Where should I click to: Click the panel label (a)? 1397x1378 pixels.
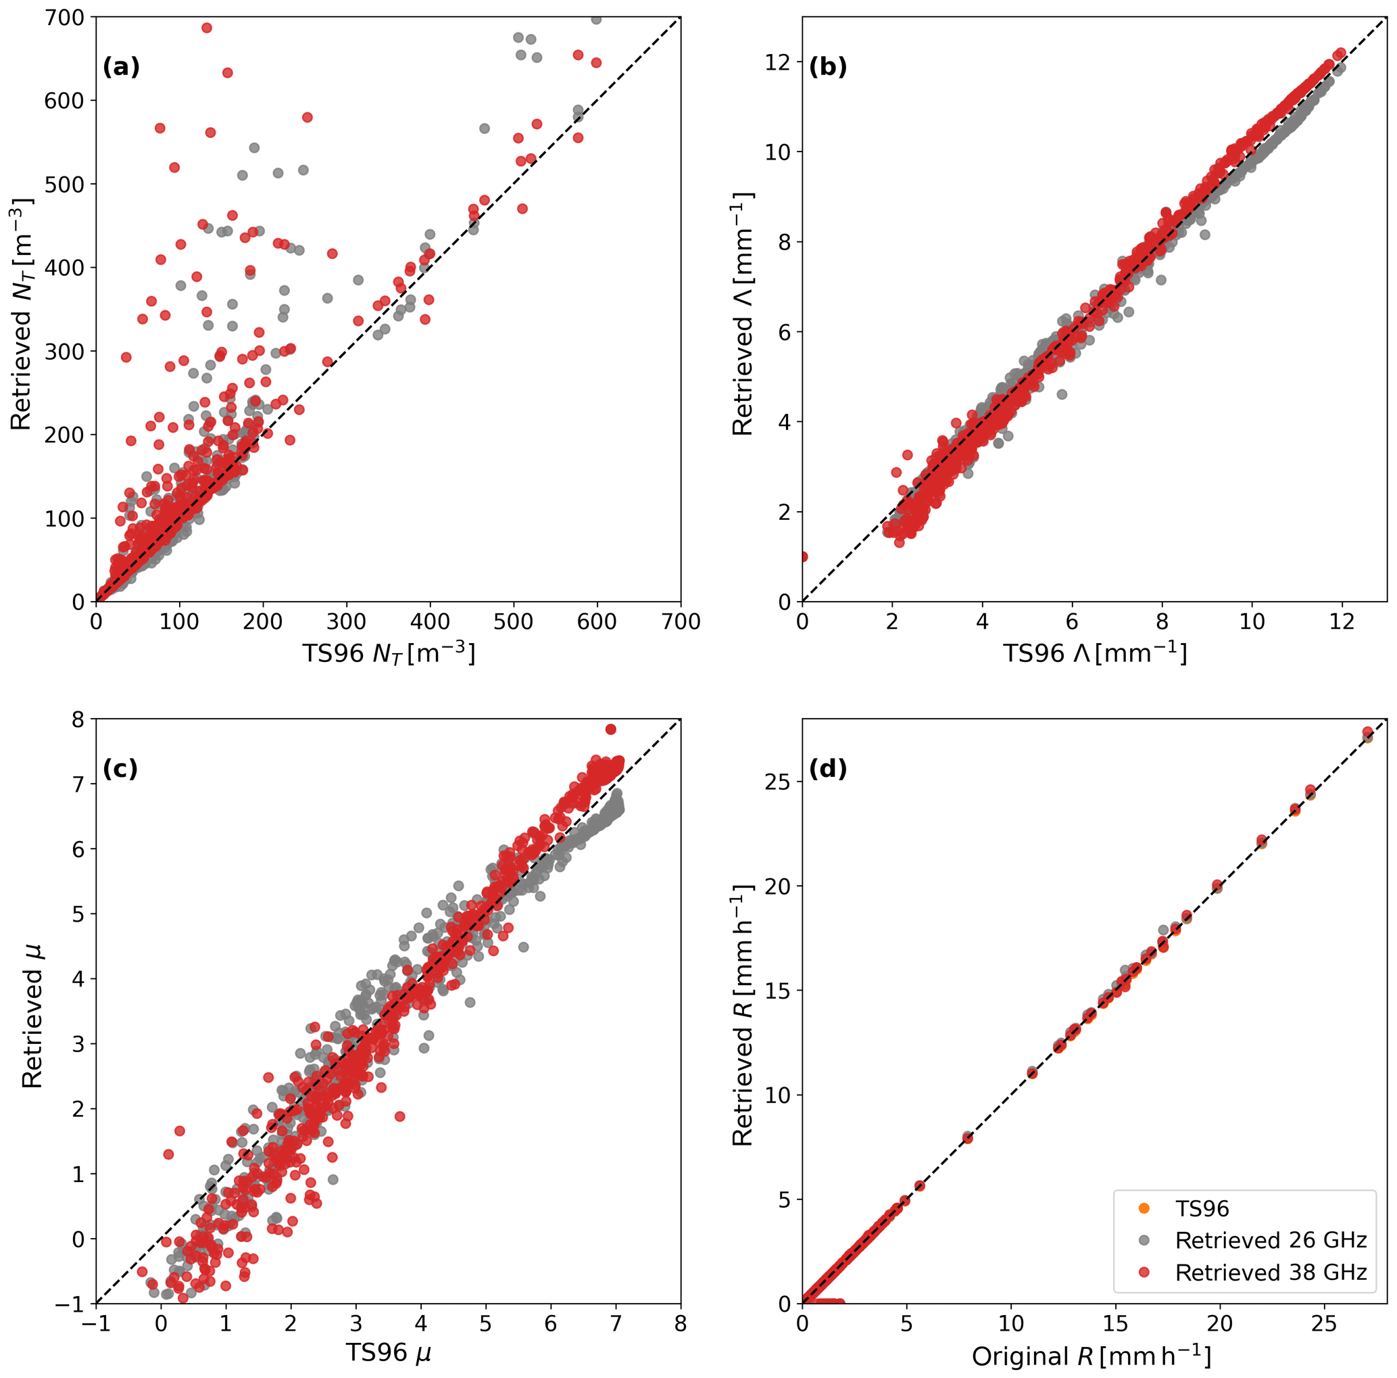coord(121,67)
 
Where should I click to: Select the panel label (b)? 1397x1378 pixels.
coord(828,67)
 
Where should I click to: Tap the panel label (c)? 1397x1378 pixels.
coord(121,769)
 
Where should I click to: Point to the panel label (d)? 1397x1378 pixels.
coord(828,769)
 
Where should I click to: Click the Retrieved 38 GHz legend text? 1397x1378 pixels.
coord(1271,1273)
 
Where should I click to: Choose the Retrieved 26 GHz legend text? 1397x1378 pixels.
coord(1271,1241)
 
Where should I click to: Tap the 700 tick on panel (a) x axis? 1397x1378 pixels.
coord(681,622)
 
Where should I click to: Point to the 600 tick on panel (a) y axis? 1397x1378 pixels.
coord(65,101)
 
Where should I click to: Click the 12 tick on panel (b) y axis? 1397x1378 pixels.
coord(779,62)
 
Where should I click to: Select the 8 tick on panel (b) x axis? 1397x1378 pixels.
coord(1162,622)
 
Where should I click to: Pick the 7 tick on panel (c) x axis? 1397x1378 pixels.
coord(615,1324)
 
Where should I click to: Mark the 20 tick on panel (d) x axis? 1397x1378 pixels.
coord(1220,1324)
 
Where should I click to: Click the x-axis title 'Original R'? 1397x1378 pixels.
coord(1090,1357)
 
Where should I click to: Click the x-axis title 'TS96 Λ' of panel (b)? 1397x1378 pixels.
coord(1094,654)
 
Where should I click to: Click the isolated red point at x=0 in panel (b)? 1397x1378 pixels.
coord(803,556)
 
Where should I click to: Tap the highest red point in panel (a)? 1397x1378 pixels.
coord(207,28)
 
